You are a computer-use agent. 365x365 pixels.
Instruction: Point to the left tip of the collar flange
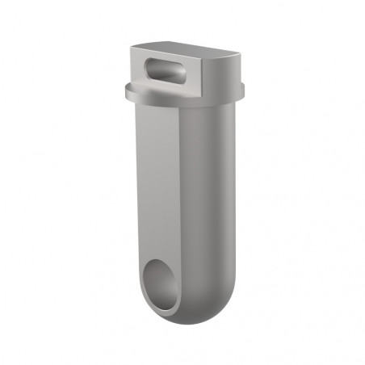[x=126, y=92]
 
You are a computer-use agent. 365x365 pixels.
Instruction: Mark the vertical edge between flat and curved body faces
[x=180, y=202]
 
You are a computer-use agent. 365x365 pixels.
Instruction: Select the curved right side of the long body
[x=212, y=202]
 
